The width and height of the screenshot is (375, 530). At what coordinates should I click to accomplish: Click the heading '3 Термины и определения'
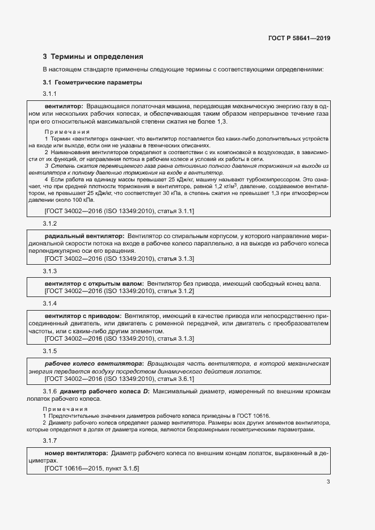point(93,57)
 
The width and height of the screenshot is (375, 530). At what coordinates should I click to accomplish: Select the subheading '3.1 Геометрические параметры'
point(92,83)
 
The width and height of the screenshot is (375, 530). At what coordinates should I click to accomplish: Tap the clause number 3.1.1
point(50,94)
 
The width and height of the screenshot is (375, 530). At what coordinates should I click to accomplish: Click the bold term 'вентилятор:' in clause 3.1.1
point(64,106)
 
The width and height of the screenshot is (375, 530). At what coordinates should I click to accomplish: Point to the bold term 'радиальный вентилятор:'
point(84,235)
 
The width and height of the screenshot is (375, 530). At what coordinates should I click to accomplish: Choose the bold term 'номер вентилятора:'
point(76,453)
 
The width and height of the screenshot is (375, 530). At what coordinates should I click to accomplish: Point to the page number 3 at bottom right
point(328,482)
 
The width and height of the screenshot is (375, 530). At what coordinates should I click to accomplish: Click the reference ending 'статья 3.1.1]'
point(175,211)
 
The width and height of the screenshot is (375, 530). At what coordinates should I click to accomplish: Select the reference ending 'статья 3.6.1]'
point(175,379)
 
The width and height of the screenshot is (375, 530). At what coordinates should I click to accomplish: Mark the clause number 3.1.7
point(50,441)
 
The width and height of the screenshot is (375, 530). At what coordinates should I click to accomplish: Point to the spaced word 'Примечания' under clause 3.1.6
point(62,409)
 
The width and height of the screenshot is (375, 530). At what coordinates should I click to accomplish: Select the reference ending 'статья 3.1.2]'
point(175,291)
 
